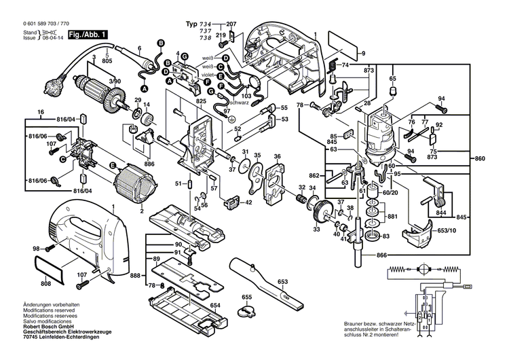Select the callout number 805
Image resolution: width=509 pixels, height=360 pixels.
(x=107, y=62)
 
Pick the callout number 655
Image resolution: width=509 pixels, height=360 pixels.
(x=247, y=298)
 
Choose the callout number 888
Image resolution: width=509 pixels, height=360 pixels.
(x=136, y=275)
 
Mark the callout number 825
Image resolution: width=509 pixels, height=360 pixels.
(x=200, y=101)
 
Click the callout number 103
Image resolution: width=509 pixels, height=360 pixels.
(x=246, y=97)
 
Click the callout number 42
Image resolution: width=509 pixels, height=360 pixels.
(x=248, y=202)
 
